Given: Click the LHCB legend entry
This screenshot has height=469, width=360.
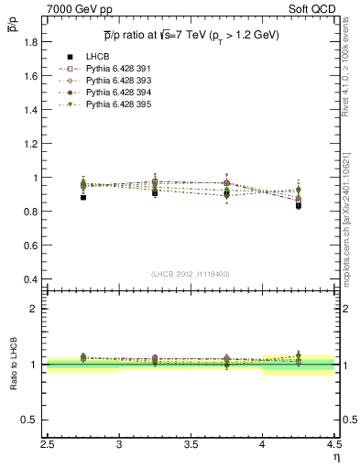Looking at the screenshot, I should coord(97,57).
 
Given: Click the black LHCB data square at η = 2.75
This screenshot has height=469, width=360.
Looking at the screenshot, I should coord(83,197).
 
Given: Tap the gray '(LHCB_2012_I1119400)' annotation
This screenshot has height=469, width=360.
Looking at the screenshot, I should coord(191,274).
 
